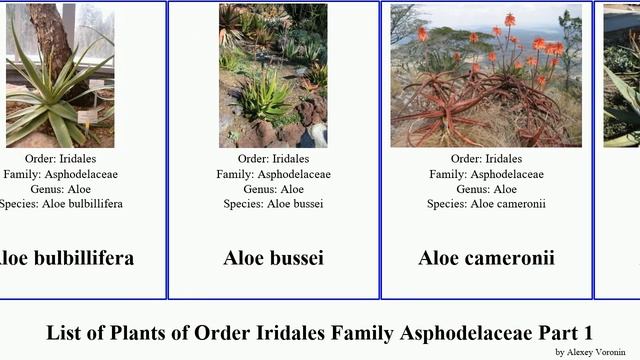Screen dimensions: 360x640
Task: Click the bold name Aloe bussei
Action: tap(273, 258)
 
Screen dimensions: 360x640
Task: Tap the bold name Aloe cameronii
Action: tap(486, 258)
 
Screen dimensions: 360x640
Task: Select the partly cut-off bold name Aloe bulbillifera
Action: tap(67, 258)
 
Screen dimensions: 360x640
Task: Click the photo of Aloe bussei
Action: tap(273, 75)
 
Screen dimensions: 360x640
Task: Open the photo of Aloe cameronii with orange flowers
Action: tap(486, 75)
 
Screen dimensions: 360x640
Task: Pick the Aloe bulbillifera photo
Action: tap(60, 75)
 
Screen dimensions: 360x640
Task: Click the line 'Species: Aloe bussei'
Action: tap(273, 204)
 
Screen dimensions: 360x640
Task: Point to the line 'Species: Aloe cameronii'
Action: tap(486, 204)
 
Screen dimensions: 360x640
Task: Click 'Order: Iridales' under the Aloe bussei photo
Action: tap(273, 159)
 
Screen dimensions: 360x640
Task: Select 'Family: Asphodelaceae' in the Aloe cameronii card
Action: tap(486, 174)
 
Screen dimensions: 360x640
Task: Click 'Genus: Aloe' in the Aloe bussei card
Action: tap(273, 189)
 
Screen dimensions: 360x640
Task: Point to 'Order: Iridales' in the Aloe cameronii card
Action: tap(486, 159)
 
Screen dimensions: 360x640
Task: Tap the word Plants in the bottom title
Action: tap(155, 332)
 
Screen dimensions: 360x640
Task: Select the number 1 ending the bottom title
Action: tap(588, 332)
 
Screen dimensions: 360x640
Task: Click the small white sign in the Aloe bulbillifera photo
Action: tap(88, 116)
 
